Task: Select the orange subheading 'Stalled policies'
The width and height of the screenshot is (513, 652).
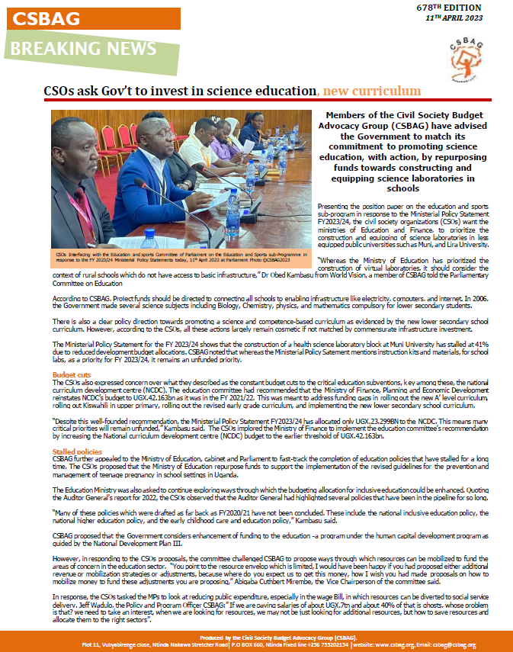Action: (x=75, y=452)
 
